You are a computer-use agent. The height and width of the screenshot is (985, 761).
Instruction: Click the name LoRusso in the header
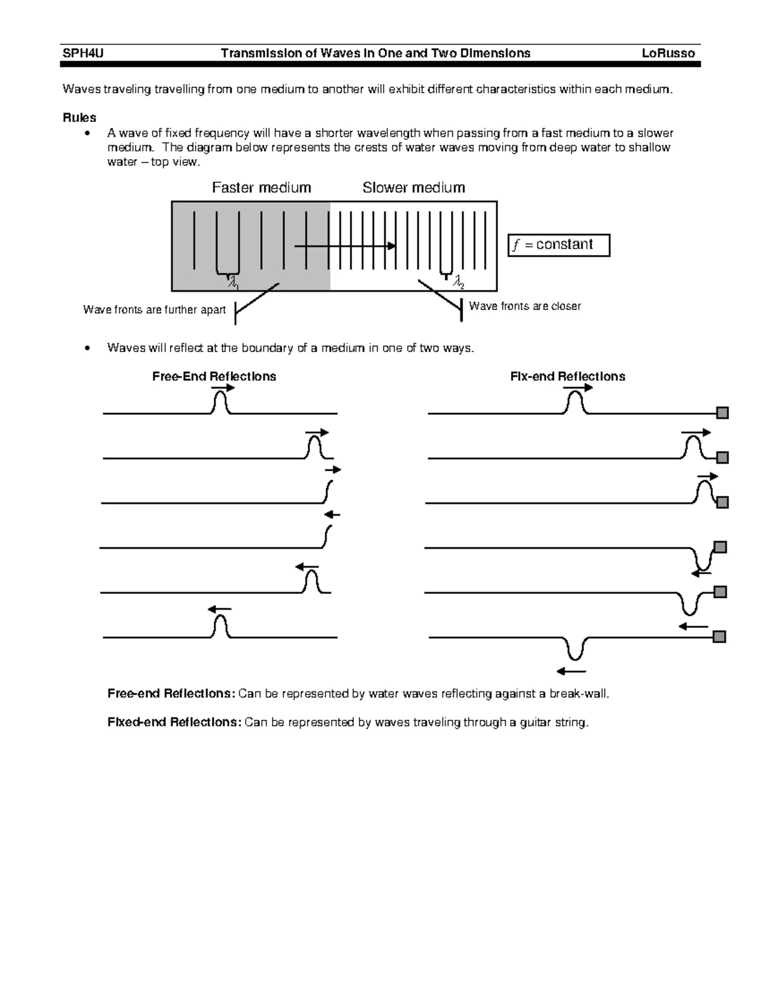pyautogui.click(x=668, y=53)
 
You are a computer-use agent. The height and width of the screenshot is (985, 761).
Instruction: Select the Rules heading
pyautogui.click(x=79, y=117)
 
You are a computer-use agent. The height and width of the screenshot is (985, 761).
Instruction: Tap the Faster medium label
pyautogui.click(x=261, y=188)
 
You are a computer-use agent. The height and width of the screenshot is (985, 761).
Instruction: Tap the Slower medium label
pyautogui.click(x=413, y=188)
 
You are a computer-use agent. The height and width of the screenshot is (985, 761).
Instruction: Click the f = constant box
pyautogui.click(x=559, y=245)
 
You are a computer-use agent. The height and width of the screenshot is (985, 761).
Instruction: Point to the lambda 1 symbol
pyautogui.click(x=233, y=282)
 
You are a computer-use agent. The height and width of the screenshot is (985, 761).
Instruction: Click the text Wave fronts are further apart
pyautogui.click(x=154, y=310)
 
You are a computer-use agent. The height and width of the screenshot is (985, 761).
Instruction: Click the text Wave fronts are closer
pyautogui.click(x=524, y=306)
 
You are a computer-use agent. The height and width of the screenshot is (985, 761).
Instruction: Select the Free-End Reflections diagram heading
pyautogui.click(x=214, y=377)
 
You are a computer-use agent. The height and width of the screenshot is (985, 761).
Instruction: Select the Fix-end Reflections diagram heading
pyautogui.click(x=568, y=377)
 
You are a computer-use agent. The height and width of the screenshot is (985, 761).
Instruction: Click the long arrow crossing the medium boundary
pyautogui.click(x=346, y=245)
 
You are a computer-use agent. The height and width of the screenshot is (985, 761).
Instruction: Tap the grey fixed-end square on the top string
pyautogui.click(x=722, y=414)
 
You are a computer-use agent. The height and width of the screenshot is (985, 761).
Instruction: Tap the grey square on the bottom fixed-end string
pyautogui.click(x=719, y=637)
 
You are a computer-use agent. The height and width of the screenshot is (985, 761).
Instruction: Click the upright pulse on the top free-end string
pyautogui.click(x=220, y=403)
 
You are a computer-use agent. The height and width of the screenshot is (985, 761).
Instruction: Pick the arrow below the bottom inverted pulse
pyautogui.click(x=571, y=671)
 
